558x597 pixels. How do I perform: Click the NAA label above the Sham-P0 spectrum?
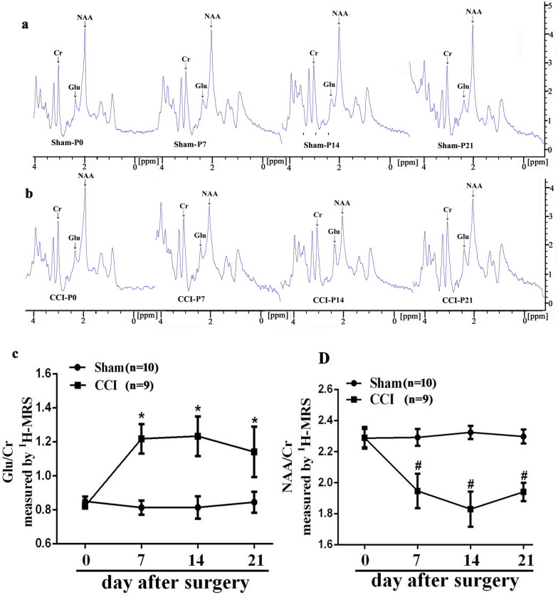(85, 16)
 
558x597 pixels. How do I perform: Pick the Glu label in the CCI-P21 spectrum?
(463, 216)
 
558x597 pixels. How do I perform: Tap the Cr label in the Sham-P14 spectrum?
(314, 53)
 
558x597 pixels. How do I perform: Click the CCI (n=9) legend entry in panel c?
(137, 385)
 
